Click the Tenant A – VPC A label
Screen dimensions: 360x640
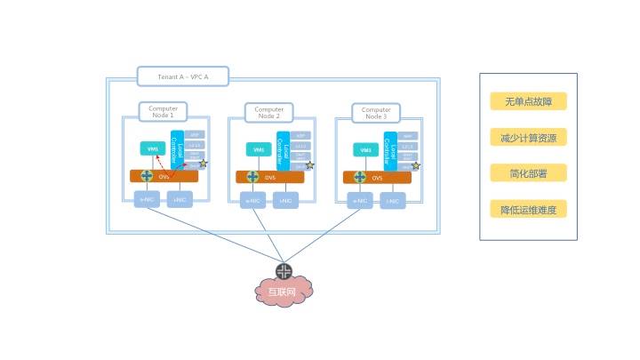click(183, 76)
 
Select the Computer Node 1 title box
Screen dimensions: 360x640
click(162, 112)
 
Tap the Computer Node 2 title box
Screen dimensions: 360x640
click(268, 113)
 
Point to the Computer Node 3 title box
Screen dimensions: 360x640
click(376, 113)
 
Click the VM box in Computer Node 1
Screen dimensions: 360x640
click(154, 148)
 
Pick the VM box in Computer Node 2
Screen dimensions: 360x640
click(259, 149)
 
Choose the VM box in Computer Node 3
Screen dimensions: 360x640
click(365, 149)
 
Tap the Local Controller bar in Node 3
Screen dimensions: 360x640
click(390, 150)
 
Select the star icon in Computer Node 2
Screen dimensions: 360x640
click(310, 165)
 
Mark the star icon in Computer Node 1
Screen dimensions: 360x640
click(203, 164)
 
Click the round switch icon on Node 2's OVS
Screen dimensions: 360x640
click(253, 176)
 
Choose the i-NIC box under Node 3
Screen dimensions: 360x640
click(393, 202)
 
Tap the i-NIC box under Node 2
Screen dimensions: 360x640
click(286, 202)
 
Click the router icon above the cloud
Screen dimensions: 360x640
click(284, 271)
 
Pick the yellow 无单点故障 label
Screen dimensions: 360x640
click(528, 101)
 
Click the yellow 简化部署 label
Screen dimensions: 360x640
click(528, 173)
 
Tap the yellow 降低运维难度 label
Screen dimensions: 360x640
click(528, 210)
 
